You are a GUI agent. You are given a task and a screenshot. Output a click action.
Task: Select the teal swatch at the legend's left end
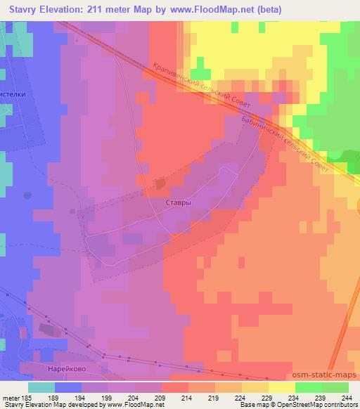click(x=41, y=388)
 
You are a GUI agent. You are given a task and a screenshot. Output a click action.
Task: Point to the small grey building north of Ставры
click(x=161, y=184)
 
